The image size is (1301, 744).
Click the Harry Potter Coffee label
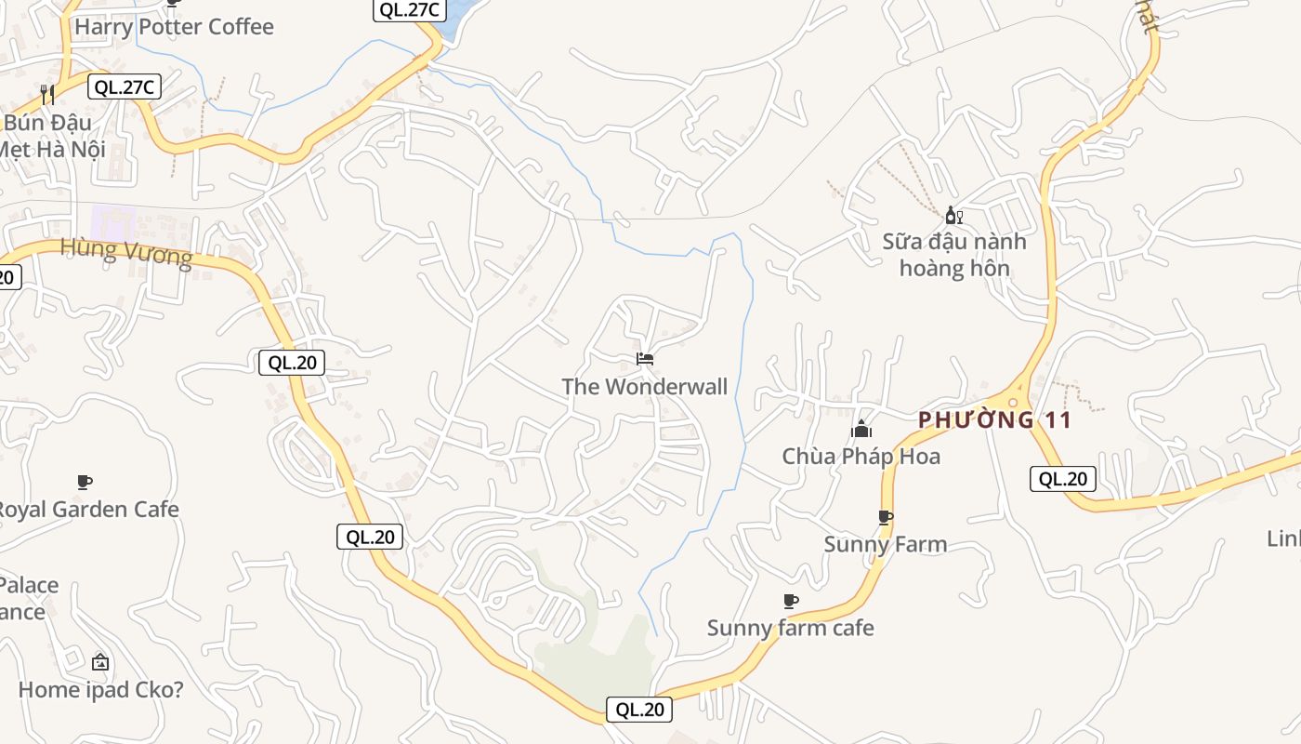174,27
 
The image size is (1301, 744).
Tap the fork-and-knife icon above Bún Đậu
47,94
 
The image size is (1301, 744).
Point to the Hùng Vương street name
126,252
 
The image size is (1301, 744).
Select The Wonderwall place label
644,387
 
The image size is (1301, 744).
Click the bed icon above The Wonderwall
645,358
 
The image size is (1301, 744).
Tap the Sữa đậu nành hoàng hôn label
954,255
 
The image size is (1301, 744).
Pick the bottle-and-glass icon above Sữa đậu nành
953,216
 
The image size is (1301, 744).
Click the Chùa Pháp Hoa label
861,457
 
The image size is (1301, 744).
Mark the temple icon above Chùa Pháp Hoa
861,430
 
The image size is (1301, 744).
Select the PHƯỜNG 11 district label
995,420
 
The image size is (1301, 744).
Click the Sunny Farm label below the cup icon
885,545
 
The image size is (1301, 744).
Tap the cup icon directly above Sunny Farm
885,517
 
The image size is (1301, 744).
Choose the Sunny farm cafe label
790,629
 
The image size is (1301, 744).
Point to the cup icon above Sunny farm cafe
790,601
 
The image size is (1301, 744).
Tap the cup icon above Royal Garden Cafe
85,482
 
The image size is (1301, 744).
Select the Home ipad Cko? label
100,690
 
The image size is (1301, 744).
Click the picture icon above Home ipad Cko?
100,662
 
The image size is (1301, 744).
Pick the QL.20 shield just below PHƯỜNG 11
1062,479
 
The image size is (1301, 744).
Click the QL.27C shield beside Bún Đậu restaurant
125,87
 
